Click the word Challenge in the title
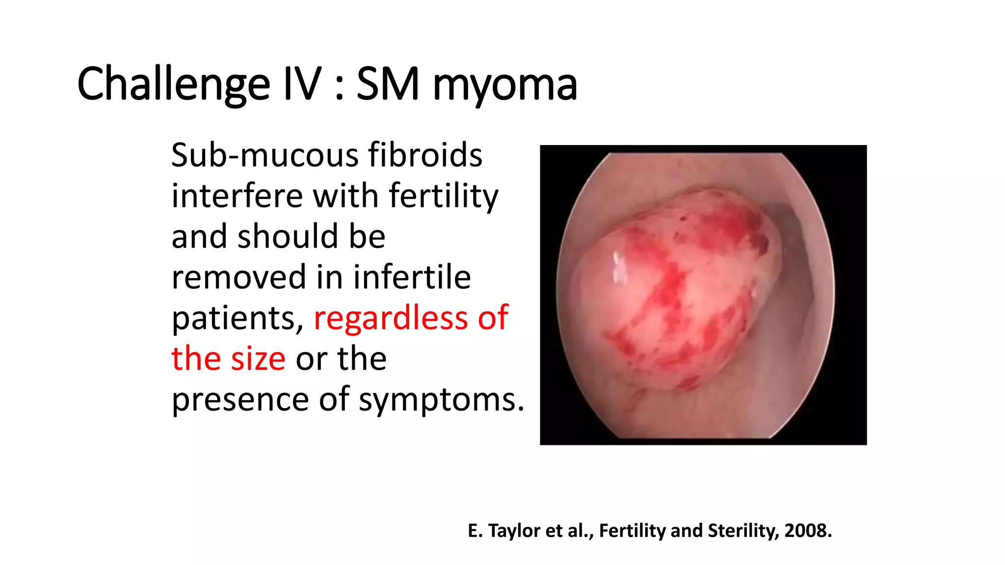pyautogui.click(x=173, y=84)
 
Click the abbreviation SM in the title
pyautogui.click(x=388, y=84)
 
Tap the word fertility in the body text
pyautogui.click(x=444, y=197)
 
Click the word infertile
pyautogui.click(x=412, y=277)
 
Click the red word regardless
pyautogui.click(x=390, y=319)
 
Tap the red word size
pyautogui.click(x=258, y=359)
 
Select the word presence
pyautogui.click(x=240, y=400)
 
